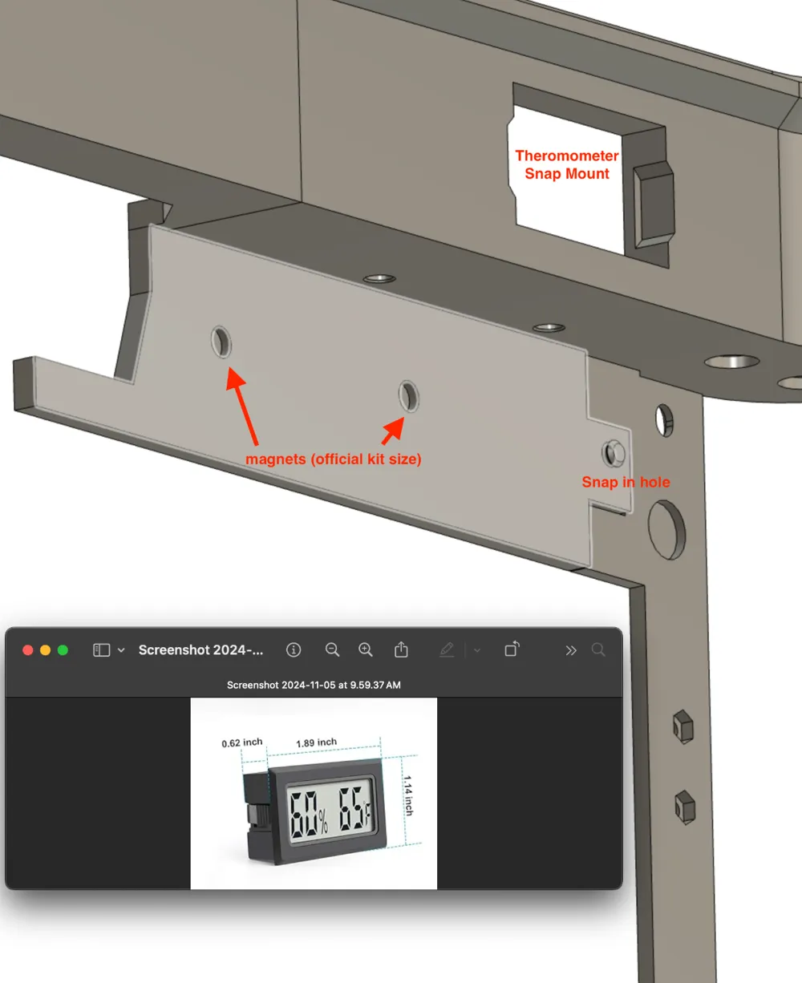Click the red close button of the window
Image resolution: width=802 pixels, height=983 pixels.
click(28, 650)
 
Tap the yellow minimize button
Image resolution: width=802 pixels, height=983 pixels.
click(45, 650)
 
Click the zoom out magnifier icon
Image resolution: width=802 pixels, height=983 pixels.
click(333, 649)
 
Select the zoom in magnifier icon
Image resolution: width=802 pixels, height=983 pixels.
click(366, 649)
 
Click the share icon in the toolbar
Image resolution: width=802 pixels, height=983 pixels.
click(401, 649)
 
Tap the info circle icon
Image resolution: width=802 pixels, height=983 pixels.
click(294, 649)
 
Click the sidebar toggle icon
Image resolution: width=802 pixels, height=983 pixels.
click(102, 650)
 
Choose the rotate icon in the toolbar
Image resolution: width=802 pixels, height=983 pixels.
click(512, 649)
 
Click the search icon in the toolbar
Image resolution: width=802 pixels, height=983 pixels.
click(598, 649)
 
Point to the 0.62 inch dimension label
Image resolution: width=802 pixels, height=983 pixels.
click(242, 742)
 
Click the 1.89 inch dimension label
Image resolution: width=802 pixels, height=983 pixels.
click(316, 742)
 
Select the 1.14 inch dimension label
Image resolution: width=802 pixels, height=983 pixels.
click(408, 795)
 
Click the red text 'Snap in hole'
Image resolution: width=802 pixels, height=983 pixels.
click(626, 482)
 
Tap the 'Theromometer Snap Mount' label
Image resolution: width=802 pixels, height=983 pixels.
click(567, 164)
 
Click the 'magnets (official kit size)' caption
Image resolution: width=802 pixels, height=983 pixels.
click(334, 459)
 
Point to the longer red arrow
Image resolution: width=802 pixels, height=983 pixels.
click(241, 406)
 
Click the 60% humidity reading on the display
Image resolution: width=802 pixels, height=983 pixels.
click(309, 812)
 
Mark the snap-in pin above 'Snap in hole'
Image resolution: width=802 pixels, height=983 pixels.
click(614, 453)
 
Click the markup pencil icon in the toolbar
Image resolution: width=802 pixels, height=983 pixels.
click(447, 649)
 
